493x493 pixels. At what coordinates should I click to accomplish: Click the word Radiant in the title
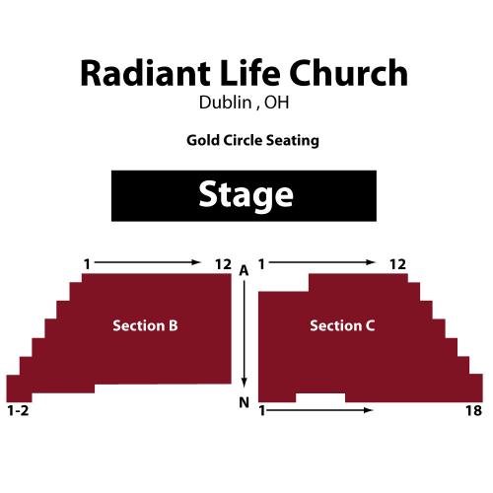tap(145, 73)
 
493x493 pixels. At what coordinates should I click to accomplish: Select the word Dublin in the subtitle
tap(225, 103)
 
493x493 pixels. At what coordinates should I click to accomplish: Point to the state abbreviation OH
tap(277, 103)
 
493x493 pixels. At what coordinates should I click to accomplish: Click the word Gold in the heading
tap(203, 140)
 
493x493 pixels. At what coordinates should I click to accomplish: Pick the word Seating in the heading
tap(293, 141)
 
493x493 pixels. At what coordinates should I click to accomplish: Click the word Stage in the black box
tap(246, 195)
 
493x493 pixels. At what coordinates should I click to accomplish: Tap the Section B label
tap(145, 325)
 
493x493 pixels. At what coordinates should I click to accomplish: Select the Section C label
tap(342, 325)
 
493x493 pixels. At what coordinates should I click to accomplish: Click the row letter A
tap(244, 271)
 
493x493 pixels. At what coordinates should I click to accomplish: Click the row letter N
tap(244, 402)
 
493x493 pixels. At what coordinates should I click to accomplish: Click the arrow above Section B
tap(148, 262)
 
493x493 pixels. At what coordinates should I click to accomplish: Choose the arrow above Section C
tap(322, 262)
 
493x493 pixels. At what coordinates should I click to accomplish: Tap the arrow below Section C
tap(319, 410)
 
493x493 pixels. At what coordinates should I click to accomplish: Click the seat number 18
tap(473, 410)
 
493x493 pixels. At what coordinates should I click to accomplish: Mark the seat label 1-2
tap(18, 410)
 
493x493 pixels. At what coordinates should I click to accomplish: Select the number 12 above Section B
tap(223, 264)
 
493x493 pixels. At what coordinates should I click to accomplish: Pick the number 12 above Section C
tap(398, 264)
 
